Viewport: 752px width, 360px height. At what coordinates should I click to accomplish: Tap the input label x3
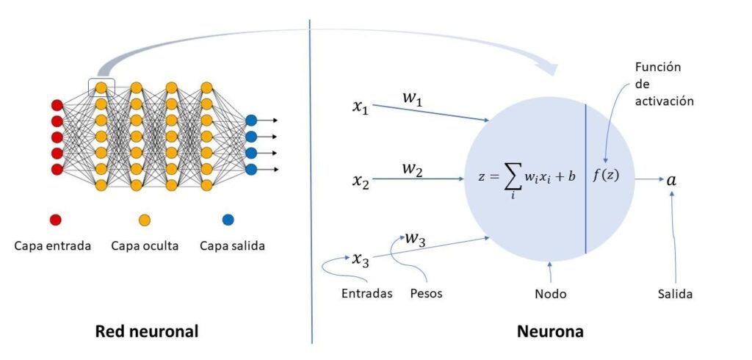point(360,259)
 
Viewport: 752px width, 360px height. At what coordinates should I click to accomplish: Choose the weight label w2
point(412,170)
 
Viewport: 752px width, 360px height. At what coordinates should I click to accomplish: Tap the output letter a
point(671,179)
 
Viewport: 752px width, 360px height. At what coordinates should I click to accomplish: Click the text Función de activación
point(663,84)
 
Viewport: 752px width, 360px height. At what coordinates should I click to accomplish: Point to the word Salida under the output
point(675,294)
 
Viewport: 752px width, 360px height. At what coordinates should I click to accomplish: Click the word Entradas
point(366,294)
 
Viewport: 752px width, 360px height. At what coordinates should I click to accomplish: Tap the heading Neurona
point(551,332)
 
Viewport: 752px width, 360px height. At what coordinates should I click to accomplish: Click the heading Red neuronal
point(147,332)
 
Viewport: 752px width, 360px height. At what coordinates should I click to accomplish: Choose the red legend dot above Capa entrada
point(55,219)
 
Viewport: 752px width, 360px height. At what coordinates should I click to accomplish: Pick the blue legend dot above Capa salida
point(228,219)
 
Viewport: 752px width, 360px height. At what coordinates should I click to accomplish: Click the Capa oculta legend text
point(145,246)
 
